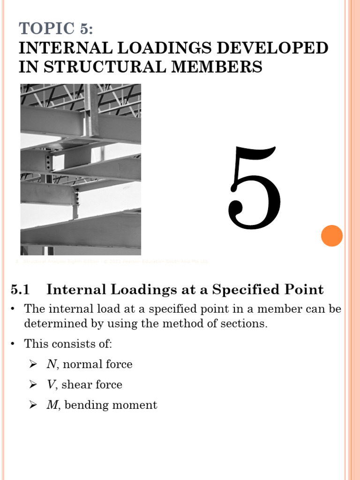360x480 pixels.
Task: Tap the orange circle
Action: point(332,235)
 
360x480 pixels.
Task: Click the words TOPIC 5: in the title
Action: point(56,29)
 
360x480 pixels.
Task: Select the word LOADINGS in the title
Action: point(142,48)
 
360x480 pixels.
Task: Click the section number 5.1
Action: point(20,290)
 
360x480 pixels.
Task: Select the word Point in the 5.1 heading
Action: point(305,290)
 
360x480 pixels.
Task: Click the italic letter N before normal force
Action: point(51,364)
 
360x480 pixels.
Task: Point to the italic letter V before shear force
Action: point(50,385)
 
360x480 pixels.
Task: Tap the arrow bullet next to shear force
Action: point(32,385)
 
